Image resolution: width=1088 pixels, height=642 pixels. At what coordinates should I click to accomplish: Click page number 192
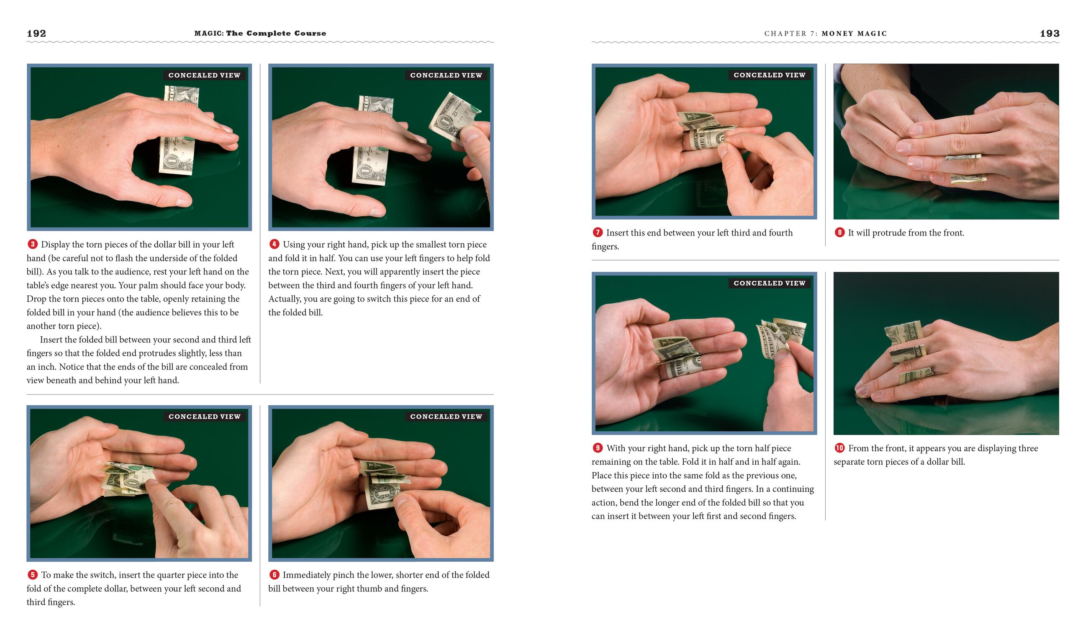pos(36,33)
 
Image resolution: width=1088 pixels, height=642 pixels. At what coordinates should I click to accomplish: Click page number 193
pos(1050,33)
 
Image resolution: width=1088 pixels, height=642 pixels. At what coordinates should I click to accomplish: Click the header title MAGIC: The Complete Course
pos(260,33)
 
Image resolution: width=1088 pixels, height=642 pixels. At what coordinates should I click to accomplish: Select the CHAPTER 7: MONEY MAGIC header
pos(825,34)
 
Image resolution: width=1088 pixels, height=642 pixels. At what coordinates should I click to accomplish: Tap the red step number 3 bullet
pos(33,244)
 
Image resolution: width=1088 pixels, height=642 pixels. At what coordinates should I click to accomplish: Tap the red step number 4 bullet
pos(274,244)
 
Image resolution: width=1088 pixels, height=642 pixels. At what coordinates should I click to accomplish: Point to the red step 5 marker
pos(33,575)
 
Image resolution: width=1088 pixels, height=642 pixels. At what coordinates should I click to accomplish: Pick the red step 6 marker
pos(274,575)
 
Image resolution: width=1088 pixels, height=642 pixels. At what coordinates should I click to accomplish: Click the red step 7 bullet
pos(597,232)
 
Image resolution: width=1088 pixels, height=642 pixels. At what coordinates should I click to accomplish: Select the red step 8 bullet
pos(839,232)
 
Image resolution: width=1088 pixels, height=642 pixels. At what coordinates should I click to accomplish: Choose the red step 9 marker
pos(597,448)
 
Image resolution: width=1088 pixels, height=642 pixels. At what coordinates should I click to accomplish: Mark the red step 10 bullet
pos(839,448)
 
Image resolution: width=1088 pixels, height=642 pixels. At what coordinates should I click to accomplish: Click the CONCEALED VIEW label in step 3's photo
pos(204,75)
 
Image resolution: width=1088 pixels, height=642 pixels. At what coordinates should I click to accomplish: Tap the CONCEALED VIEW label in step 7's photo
pos(770,75)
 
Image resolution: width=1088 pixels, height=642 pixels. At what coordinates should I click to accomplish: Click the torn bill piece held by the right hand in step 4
pos(452,118)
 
